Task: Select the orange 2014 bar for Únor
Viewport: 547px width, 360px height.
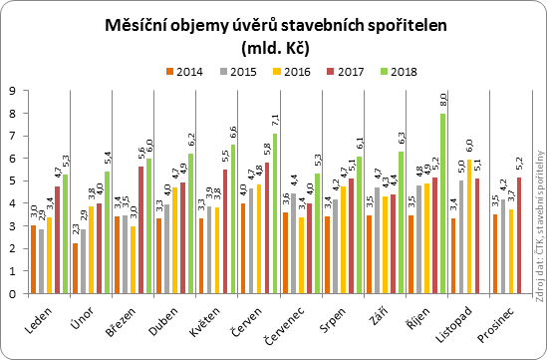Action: pyautogui.click(x=76, y=268)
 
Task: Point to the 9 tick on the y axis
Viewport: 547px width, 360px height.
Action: pyautogui.click(x=12, y=91)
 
